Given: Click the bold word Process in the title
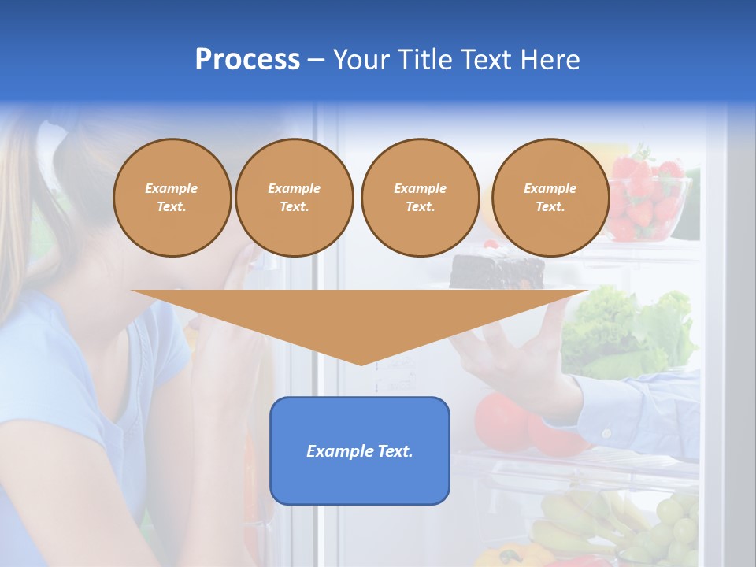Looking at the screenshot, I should coord(247,60).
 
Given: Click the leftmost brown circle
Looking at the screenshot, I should coord(172,198).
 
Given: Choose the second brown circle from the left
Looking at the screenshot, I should coord(294,198).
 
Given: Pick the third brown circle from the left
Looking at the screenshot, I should coord(420,198).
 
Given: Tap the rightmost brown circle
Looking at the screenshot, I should coord(550,198).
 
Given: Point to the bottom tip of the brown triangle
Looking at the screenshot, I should coord(361,364).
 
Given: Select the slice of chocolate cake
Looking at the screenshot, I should coord(496,272).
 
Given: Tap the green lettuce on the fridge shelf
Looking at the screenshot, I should coord(630,331).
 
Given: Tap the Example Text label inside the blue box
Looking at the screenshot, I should coord(360,451).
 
